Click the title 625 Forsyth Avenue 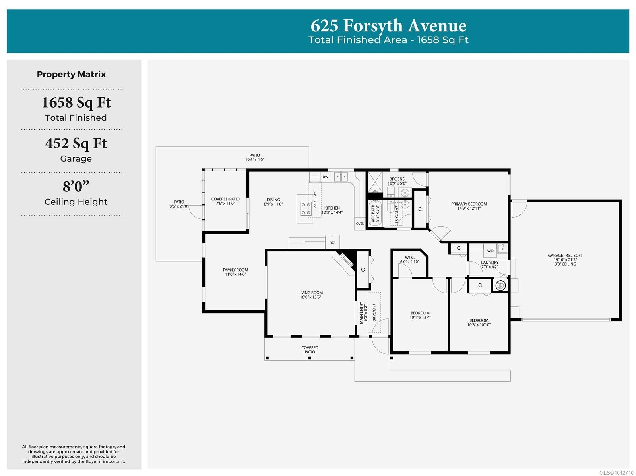(388, 25)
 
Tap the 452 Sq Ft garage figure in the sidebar (76, 144)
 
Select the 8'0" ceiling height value (76, 186)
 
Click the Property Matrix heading (71, 74)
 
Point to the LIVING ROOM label (310, 293)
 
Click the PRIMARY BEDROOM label (469, 204)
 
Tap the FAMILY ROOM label (235, 270)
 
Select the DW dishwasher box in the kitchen (326, 177)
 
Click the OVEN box (360, 224)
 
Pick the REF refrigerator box (332, 243)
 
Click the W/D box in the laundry (490, 251)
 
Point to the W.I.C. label (409, 258)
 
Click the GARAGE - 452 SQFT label (565, 256)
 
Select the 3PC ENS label (397, 179)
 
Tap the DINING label (273, 200)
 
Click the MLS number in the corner (616, 473)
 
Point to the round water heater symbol (500, 286)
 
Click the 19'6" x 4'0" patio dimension (255, 160)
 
